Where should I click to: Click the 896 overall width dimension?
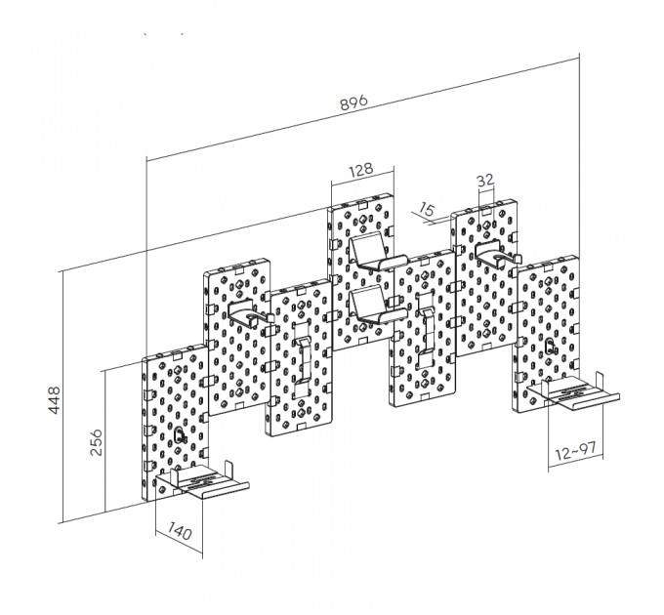coord(354,102)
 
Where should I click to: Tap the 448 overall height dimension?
coord(55,399)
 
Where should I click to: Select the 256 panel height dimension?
coord(96,442)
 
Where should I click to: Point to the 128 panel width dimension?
coord(361,169)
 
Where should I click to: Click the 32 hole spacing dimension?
coord(485,181)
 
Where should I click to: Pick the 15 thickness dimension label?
coord(427,209)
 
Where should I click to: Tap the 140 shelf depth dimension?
coord(180,530)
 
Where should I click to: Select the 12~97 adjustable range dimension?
coord(576,451)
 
